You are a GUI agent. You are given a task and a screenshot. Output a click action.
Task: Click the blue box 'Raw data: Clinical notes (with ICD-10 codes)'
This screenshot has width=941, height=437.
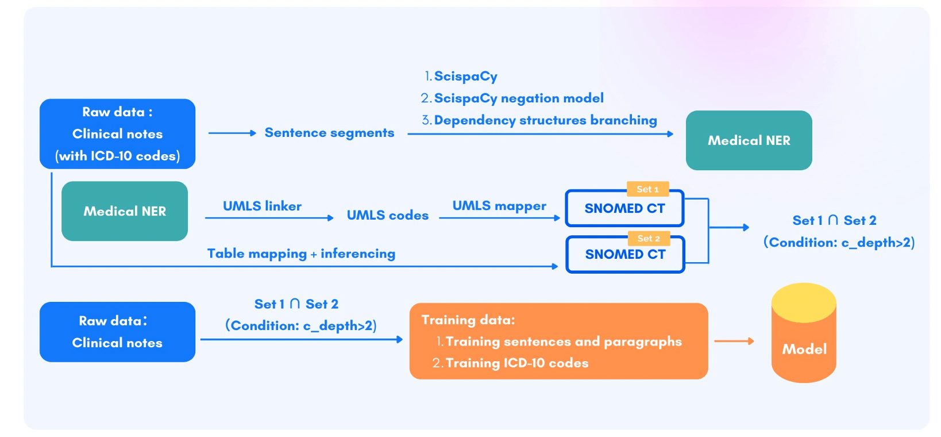pos(117,134)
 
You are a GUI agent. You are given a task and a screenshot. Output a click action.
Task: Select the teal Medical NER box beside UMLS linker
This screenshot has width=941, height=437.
pos(125,211)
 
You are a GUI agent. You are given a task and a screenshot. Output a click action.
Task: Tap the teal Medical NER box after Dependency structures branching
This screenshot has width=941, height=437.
pos(749,140)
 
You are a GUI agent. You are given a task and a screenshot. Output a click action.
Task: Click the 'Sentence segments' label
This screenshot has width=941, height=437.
pos(329,133)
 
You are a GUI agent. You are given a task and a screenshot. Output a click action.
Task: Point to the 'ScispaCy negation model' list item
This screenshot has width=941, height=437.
pos(518,98)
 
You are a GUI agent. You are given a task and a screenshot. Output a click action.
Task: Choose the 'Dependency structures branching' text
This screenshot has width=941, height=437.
pos(545,120)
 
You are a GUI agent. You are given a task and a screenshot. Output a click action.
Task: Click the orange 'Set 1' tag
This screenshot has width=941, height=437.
pos(647,189)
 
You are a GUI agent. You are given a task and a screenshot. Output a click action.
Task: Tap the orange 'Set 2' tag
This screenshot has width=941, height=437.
pos(648,238)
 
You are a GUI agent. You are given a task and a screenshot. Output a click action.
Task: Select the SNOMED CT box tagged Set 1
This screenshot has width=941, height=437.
pos(624,209)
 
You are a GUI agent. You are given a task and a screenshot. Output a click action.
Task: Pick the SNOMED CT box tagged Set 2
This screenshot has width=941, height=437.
pos(625,255)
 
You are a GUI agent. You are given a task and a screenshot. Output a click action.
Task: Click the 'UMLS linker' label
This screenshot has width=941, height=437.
pos(262,206)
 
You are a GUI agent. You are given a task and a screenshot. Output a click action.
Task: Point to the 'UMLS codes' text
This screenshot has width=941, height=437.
pos(388,215)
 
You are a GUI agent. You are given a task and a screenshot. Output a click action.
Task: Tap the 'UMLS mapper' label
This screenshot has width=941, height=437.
pos(499,206)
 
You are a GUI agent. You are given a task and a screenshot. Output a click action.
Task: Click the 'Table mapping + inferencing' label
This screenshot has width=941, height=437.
pos(301,254)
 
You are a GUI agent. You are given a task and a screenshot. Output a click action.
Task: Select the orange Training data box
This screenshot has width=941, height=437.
pos(558,341)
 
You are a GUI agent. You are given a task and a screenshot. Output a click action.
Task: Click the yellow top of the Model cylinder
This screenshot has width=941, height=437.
pos(803,302)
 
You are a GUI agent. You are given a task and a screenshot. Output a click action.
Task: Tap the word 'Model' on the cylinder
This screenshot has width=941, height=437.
pos(804,349)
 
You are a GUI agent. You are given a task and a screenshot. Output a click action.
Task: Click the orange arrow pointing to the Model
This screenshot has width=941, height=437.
pos(734,341)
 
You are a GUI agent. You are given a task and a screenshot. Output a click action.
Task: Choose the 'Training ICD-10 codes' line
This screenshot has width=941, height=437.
pos(516,363)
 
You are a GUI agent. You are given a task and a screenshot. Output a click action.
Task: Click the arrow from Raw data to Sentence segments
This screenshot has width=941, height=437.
pos(232,133)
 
